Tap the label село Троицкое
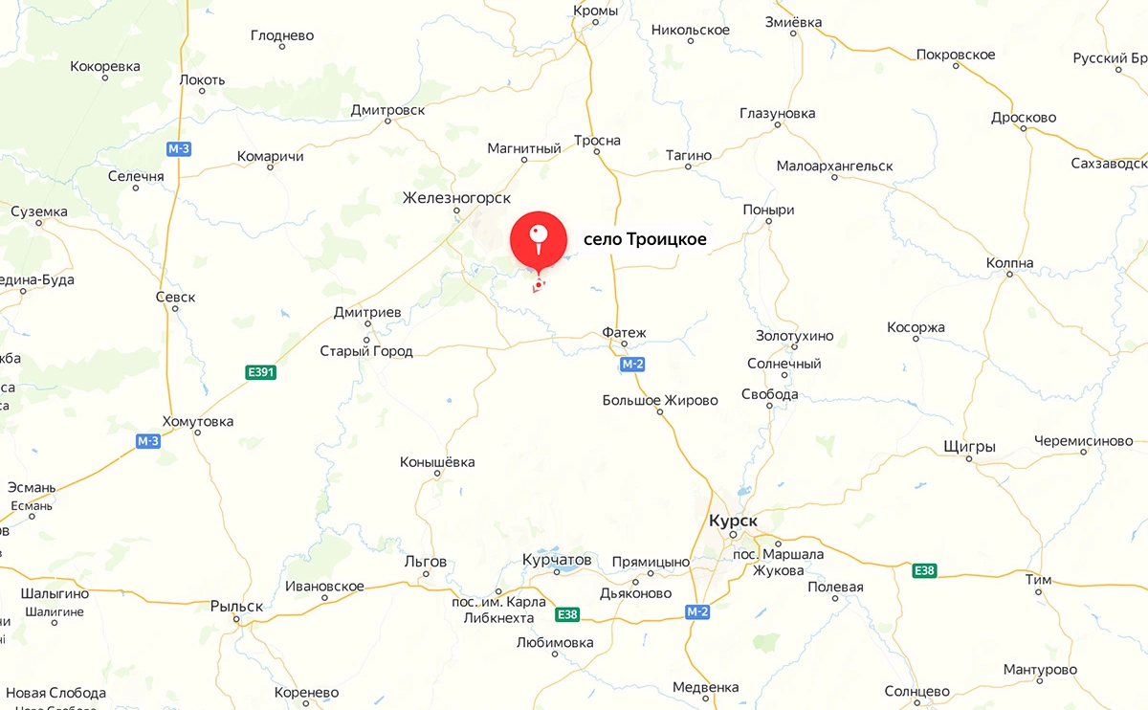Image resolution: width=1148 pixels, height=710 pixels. click(x=645, y=239)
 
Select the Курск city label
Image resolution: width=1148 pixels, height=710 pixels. click(x=733, y=521)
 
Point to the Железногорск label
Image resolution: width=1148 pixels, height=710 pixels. click(x=456, y=198)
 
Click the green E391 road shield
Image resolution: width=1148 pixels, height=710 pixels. click(x=259, y=372)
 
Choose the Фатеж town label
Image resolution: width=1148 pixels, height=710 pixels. click(x=625, y=333)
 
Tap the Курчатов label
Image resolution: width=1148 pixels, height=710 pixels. click(x=558, y=560)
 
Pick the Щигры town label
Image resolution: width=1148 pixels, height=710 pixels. click(x=969, y=447)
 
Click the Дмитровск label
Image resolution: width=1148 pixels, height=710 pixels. click(x=387, y=110)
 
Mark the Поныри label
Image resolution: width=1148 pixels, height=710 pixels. click(x=768, y=210)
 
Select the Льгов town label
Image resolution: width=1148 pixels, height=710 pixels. click(x=426, y=560)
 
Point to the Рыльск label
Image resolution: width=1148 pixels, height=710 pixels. click(x=236, y=606)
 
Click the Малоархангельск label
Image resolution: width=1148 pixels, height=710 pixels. click(x=834, y=166)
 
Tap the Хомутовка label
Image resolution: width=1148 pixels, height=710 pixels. click(x=197, y=421)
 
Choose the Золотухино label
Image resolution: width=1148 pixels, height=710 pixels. click(x=794, y=336)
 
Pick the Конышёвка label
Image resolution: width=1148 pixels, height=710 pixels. click(x=437, y=462)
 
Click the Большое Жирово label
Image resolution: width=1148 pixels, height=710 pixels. click(x=660, y=400)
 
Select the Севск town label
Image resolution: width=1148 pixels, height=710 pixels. click(x=175, y=297)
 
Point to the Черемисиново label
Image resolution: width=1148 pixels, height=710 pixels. click(x=1083, y=441)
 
